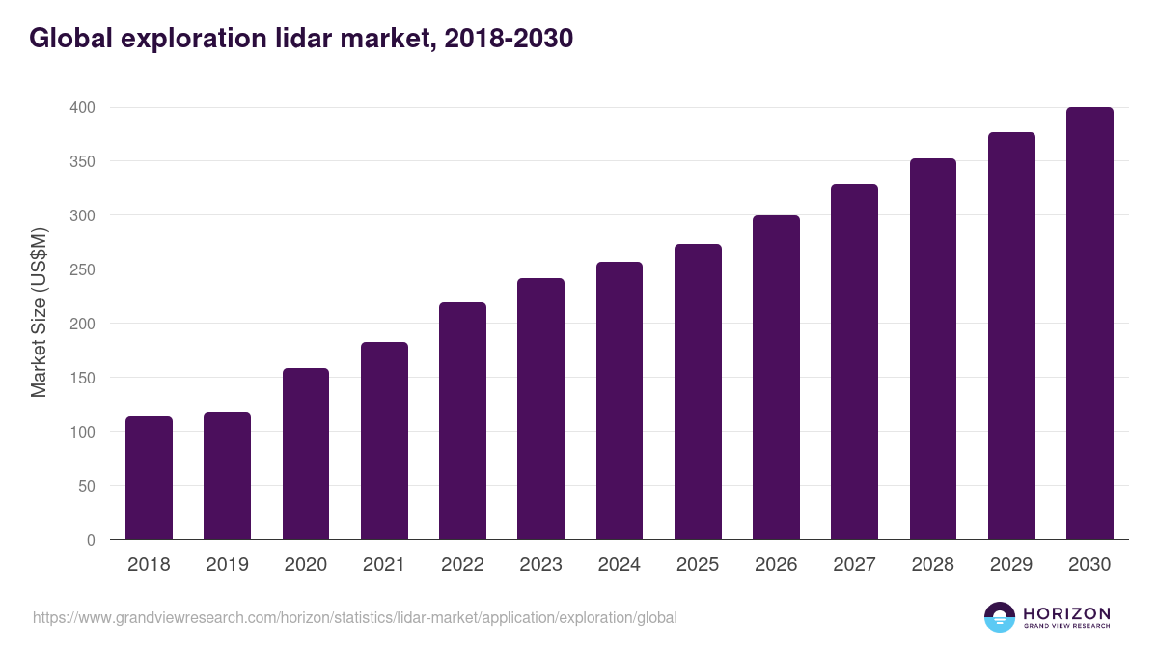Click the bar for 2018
tap(149, 478)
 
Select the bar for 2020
tap(306, 454)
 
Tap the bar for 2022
tap(462, 421)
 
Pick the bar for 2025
tap(698, 392)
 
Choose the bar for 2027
tap(854, 362)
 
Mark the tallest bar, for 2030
tap(1089, 324)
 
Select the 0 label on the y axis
tap(91, 540)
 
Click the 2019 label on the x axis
tap(227, 565)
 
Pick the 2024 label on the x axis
tap(619, 565)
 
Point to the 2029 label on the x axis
tap(1011, 565)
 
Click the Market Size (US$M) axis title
tap(39, 313)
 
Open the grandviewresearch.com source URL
tap(355, 617)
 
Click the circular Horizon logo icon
tap(1000, 617)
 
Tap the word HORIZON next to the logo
tap(1066, 612)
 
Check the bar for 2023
tap(540, 409)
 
